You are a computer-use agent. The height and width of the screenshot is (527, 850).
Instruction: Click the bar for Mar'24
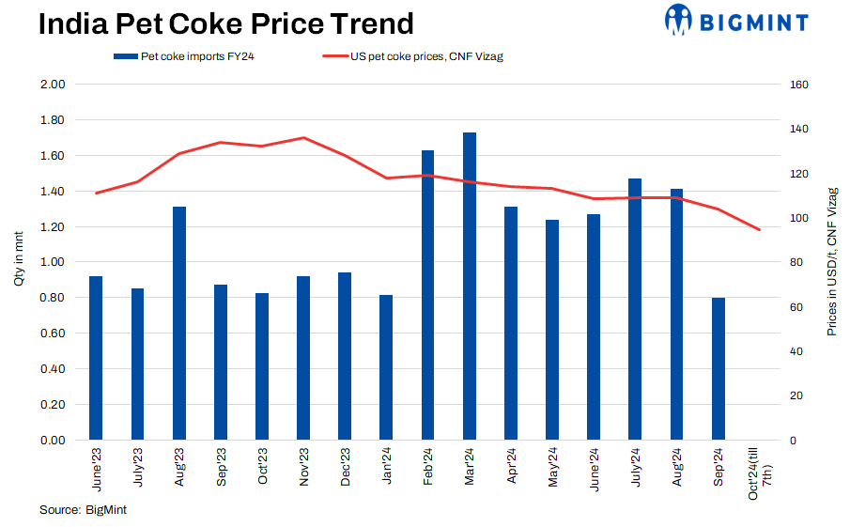point(470,286)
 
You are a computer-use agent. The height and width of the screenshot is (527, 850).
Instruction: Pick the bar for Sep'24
point(719,368)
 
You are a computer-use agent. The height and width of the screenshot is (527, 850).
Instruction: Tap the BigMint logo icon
point(678,19)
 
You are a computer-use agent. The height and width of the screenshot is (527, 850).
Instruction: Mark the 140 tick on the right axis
point(800,129)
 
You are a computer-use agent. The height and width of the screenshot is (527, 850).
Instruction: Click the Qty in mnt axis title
point(18,262)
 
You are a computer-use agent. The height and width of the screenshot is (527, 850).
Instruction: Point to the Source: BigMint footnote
point(83,509)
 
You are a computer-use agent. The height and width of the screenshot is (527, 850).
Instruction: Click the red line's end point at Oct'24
point(760,229)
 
